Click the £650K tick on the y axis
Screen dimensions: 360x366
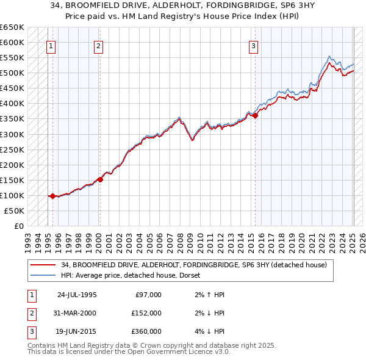click(12, 27)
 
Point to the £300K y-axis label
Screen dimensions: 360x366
click(12, 134)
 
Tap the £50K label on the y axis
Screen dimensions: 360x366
click(14, 211)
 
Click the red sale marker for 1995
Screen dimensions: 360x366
click(53, 196)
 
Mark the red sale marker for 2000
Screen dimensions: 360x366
click(100, 179)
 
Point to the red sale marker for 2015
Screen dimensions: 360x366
click(255, 116)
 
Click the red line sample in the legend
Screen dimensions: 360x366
click(44, 265)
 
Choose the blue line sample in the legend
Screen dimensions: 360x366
click(44, 275)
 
